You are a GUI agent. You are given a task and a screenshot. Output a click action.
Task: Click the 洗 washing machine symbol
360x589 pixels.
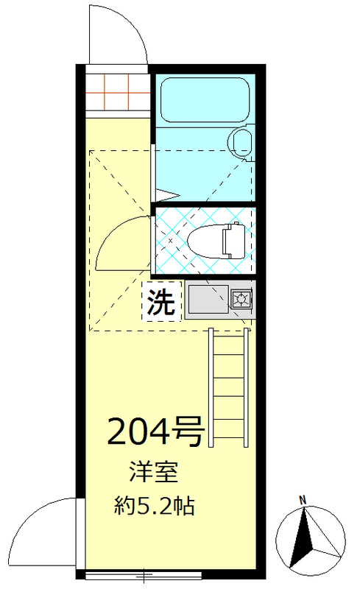pos(161,303)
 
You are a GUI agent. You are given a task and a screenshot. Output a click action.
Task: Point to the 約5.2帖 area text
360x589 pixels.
pos(155,507)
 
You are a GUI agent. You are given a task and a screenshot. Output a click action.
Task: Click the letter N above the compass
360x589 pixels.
pos(303,501)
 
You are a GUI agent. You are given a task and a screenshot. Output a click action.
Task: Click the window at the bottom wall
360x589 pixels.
pos(147,572)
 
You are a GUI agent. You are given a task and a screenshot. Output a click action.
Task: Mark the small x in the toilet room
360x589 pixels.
pos(171,241)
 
